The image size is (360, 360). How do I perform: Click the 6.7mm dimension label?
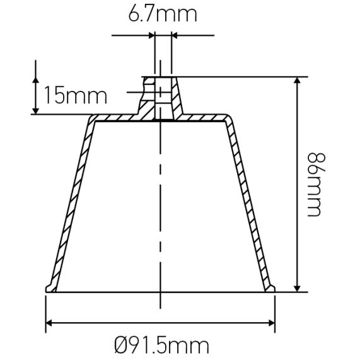tap(162, 14)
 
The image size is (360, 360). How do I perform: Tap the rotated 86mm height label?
tap(314, 183)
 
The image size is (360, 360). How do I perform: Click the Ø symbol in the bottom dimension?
tap(124, 345)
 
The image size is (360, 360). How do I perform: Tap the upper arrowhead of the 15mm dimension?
tap(35, 78)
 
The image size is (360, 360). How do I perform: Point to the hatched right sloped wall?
tap(252, 202)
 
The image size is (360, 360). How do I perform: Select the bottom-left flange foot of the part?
tap(50, 287)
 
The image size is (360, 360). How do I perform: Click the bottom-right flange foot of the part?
tap(271, 287)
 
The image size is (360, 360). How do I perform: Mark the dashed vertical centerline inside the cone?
tap(161, 208)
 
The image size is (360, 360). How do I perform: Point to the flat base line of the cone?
tap(161, 293)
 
